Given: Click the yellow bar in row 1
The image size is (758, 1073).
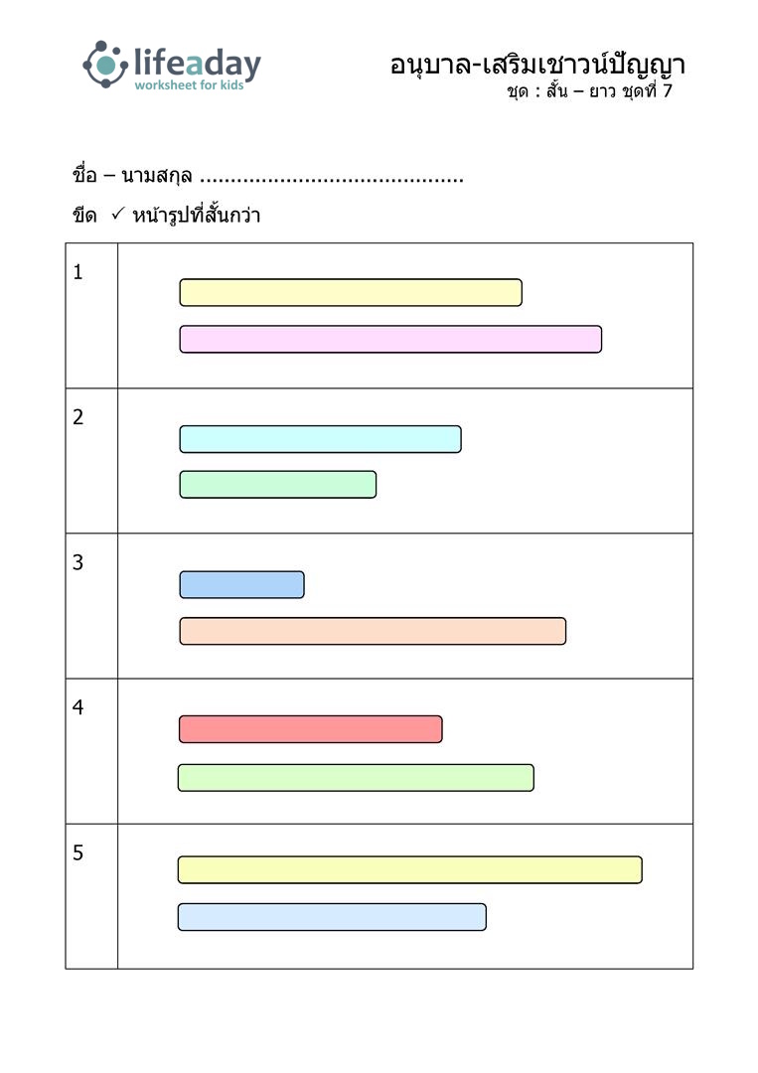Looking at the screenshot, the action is [x=351, y=292].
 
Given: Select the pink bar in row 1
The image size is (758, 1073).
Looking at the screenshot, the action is [x=390, y=340].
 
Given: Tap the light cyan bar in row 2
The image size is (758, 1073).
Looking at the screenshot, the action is [x=320, y=439].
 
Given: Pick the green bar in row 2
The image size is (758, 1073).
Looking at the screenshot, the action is [x=278, y=485].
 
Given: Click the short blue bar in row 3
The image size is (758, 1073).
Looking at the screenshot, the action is [x=241, y=585].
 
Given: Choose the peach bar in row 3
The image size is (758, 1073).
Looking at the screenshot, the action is [x=373, y=631].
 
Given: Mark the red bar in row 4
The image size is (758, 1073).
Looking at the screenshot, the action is [x=311, y=729].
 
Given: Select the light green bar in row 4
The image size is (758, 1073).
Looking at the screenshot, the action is [x=356, y=778].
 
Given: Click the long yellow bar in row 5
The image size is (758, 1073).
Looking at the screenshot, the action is [x=409, y=869].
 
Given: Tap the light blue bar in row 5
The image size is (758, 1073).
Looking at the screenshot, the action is [x=332, y=917].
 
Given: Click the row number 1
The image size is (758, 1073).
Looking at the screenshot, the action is [x=78, y=272].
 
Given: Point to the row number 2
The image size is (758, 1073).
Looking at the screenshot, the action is [x=78, y=416].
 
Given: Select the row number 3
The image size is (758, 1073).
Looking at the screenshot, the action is [x=78, y=562].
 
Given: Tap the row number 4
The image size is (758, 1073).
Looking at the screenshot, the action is [x=78, y=707].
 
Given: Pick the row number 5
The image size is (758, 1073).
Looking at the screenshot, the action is [x=78, y=852].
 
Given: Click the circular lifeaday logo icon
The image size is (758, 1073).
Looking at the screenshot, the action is [x=105, y=65].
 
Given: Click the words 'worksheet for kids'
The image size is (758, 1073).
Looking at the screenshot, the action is [x=189, y=84].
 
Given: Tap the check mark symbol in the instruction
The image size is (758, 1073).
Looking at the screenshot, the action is [x=117, y=215].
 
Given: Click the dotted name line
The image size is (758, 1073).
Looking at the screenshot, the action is [x=332, y=181].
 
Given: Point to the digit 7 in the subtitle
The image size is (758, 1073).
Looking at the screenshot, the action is [x=667, y=90].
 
